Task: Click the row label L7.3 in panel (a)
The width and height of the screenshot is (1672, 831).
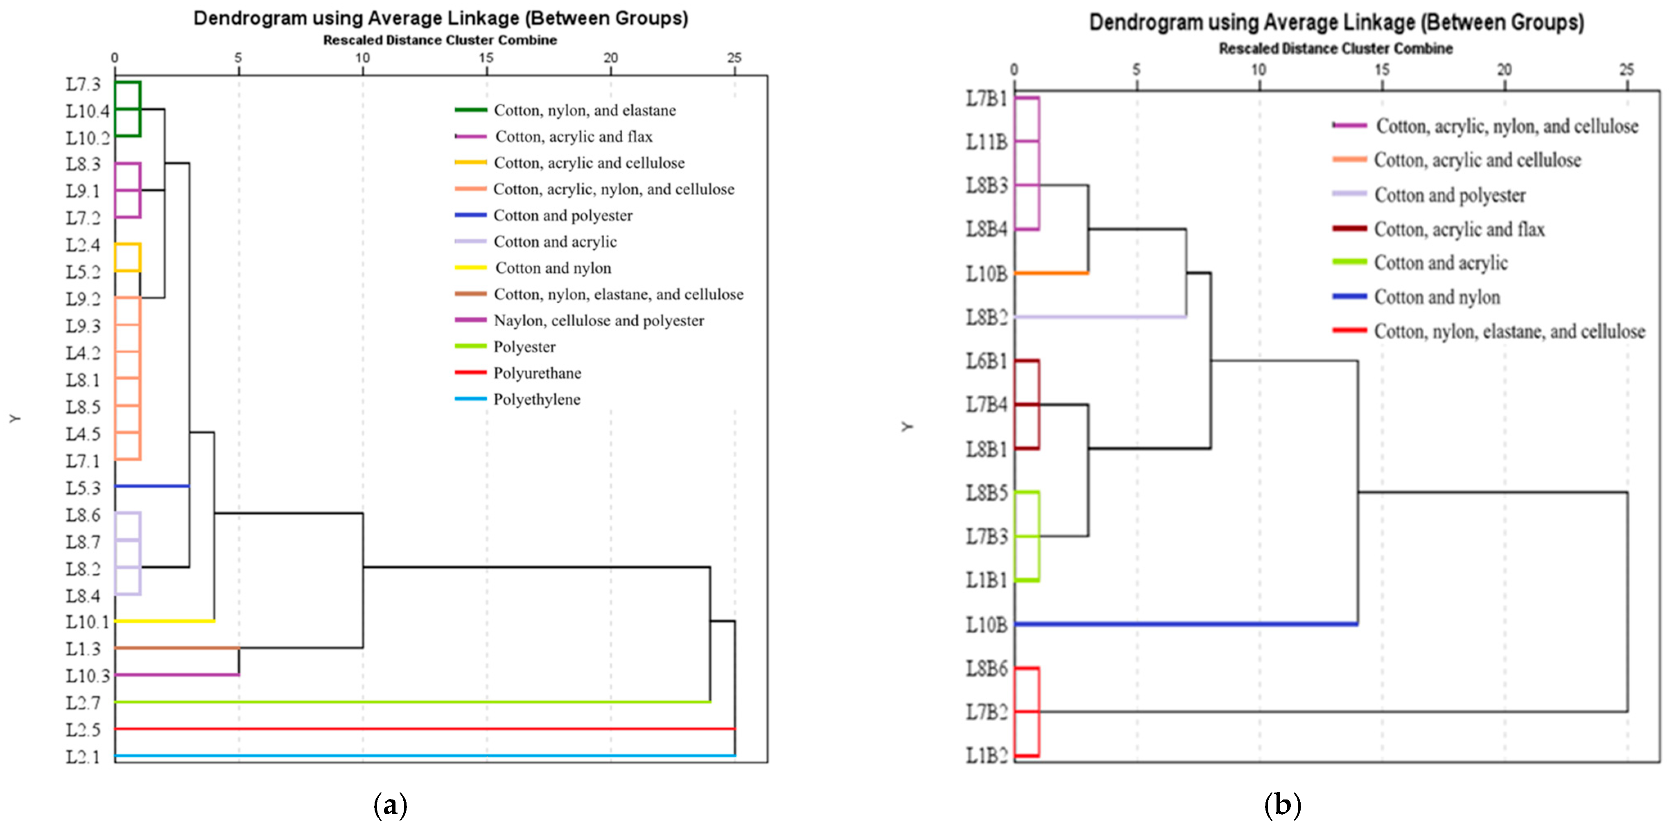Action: tap(83, 84)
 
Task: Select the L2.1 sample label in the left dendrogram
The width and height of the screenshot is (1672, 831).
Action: tap(83, 756)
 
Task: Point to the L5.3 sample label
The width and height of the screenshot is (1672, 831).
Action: tap(83, 488)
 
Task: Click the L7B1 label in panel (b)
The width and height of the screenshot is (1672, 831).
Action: tap(987, 99)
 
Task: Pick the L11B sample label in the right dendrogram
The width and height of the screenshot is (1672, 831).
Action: tap(987, 142)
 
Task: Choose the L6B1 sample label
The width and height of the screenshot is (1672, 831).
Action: tap(987, 361)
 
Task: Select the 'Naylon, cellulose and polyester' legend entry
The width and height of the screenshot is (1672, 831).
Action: tap(599, 320)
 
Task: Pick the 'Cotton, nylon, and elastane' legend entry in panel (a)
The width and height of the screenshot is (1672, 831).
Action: tap(584, 111)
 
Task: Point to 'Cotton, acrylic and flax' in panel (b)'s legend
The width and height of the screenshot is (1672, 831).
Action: tap(1459, 229)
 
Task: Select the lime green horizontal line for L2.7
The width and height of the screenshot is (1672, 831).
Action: tap(409, 702)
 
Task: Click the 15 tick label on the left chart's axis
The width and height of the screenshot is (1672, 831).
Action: tap(486, 58)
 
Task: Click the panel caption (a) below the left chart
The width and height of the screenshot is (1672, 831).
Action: tap(391, 805)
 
